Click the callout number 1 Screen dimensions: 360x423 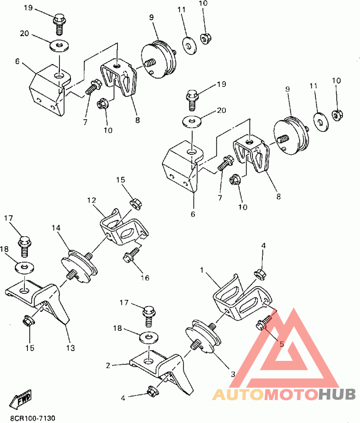[202, 270]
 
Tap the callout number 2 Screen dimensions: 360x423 [108, 365]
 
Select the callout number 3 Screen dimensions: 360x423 [233, 374]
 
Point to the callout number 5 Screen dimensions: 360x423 [281, 344]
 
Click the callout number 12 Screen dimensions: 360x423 [91, 200]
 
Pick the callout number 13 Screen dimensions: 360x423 [71, 348]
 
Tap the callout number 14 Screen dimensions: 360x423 [56, 228]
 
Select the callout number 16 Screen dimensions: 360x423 [145, 278]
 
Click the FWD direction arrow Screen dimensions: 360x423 [20, 398]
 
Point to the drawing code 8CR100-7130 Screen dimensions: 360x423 [33, 418]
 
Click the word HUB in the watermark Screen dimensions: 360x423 [337, 395]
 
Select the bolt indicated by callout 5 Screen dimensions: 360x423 [265, 323]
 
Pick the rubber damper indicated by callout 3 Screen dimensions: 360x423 [203, 336]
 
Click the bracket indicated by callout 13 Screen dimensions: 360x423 [38, 301]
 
